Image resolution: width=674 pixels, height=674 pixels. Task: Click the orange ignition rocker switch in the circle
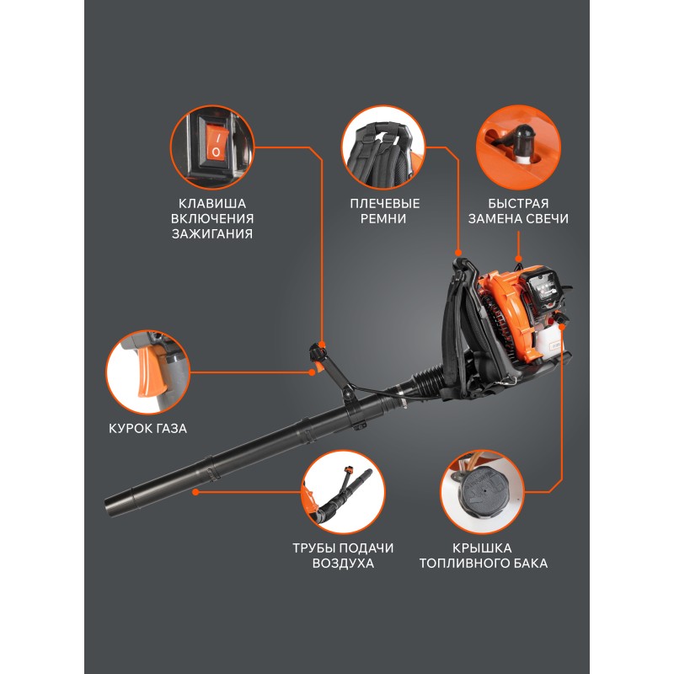(x=216, y=145)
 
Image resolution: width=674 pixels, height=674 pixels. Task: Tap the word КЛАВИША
(x=212, y=203)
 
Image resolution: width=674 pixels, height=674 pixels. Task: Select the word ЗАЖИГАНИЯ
(x=212, y=234)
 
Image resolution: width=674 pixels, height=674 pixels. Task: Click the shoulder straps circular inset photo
(x=383, y=147)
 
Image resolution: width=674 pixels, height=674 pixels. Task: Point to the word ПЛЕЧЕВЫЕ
(x=384, y=203)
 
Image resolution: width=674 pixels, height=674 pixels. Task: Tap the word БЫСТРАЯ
(x=518, y=203)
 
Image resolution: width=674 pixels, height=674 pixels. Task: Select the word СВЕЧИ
(x=548, y=219)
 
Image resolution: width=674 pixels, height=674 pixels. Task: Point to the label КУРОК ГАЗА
(x=147, y=429)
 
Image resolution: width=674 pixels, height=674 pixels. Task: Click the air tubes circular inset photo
(x=343, y=492)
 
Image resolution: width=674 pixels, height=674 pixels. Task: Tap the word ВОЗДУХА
(x=343, y=564)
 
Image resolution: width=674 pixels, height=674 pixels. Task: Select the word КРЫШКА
(x=482, y=548)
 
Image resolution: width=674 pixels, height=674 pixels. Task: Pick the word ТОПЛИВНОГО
(x=463, y=564)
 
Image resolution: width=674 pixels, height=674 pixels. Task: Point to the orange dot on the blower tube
(x=195, y=492)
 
